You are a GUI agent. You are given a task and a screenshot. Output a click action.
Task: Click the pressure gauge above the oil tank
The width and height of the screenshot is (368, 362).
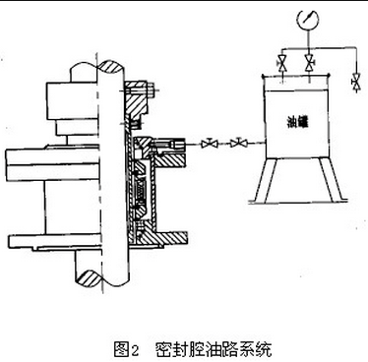point(307,20)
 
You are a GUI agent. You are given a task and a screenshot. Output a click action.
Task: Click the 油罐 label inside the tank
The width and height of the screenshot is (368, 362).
point(298,123)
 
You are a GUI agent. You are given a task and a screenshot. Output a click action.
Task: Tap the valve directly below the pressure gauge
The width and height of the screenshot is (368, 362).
point(309,63)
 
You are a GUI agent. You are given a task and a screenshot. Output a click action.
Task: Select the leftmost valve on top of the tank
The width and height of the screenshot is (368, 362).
point(282,63)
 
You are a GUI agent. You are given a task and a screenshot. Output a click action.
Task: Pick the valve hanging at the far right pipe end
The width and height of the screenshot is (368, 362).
point(356,82)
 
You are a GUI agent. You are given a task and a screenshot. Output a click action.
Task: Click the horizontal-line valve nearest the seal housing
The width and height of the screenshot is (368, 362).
point(210,144)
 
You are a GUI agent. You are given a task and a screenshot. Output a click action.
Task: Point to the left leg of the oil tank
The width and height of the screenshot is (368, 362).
point(266,180)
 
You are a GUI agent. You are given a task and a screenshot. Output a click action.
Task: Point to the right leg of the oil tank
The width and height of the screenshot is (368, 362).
point(332,180)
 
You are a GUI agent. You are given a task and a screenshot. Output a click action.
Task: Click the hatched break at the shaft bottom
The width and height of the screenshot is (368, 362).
point(87,277)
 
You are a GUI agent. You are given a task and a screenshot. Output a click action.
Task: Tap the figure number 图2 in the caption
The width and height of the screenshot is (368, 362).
point(127,349)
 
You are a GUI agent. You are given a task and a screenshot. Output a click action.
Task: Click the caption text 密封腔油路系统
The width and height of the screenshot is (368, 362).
point(214,349)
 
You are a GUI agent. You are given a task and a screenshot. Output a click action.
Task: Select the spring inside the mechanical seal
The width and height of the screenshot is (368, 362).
point(140,190)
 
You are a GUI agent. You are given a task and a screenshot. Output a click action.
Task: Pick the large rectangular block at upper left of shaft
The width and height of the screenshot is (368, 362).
point(72,100)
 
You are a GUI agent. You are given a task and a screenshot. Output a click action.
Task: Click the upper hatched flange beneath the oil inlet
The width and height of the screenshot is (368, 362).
point(169,160)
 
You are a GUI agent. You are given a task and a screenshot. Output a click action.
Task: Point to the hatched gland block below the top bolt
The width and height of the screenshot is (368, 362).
point(135,104)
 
